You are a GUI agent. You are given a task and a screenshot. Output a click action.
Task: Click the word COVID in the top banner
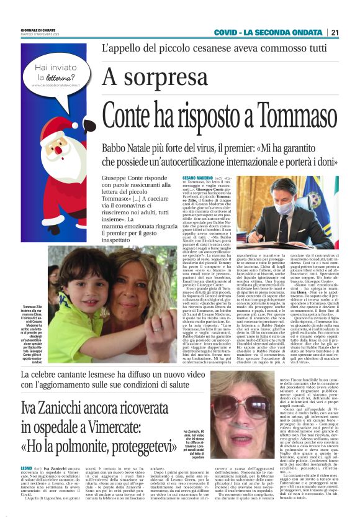[228, 32]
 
